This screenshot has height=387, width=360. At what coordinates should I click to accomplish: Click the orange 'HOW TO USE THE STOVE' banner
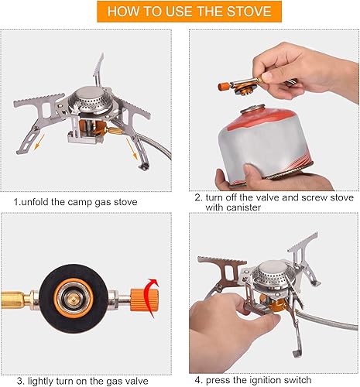179,12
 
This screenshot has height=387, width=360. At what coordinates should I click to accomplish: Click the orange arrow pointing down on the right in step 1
140,156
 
